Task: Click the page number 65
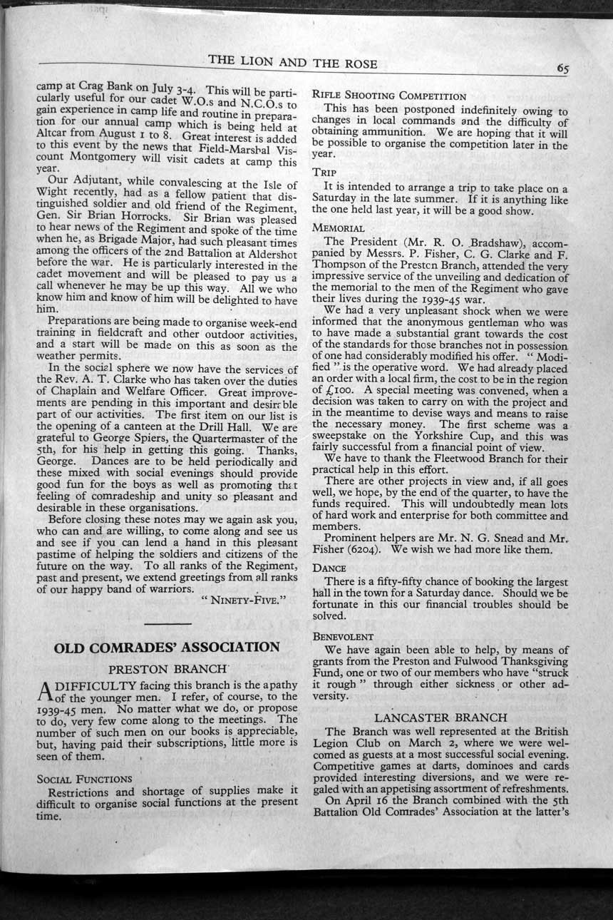tap(562, 69)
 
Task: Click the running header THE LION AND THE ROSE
tap(293, 62)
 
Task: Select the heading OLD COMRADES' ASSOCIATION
tap(167, 648)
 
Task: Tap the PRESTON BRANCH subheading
tap(167, 670)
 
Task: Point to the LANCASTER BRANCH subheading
tap(441, 717)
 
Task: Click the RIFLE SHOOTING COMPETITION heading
tap(388, 96)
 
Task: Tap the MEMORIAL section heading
tap(338, 228)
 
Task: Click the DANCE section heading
tap(329, 568)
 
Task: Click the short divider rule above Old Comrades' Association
tap(167, 625)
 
